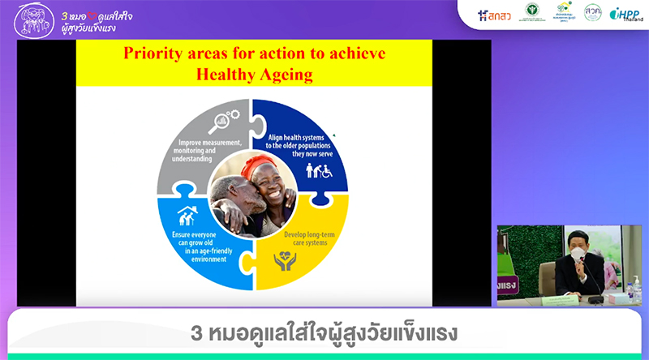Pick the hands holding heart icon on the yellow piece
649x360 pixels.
[285, 261]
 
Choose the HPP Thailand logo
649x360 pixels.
[625, 15]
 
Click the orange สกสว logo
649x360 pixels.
[495, 15]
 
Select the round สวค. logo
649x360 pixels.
[593, 13]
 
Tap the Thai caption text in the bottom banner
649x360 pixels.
[324, 332]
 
